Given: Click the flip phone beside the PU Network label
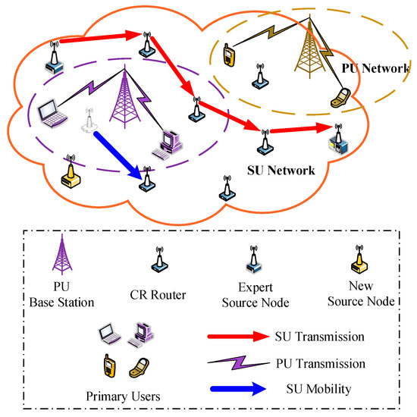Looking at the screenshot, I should click(x=342, y=96).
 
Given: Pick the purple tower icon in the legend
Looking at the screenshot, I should click(x=60, y=253).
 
